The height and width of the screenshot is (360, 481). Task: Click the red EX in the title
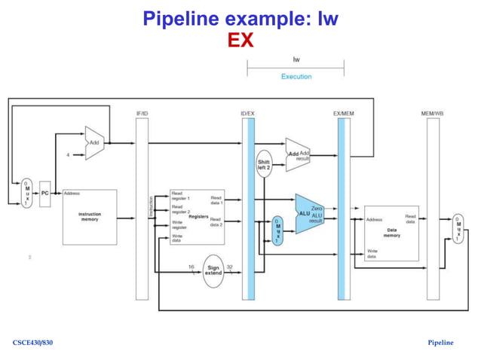click(x=240, y=40)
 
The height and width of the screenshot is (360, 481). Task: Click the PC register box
click(x=44, y=194)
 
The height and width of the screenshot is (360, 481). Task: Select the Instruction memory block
click(x=90, y=217)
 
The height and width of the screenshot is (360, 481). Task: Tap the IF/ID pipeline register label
click(x=142, y=114)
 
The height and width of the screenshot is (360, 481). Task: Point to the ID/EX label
click(x=247, y=114)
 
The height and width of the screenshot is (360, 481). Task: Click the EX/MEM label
click(x=343, y=114)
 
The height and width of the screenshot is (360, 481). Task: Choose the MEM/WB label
click(x=432, y=114)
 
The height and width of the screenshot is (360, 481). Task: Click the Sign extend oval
click(x=213, y=270)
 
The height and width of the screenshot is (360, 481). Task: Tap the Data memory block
click(x=391, y=233)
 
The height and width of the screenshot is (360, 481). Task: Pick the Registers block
click(x=196, y=217)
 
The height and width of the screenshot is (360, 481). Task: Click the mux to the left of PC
click(x=27, y=194)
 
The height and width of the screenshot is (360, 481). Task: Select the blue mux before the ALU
click(x=277, y=229)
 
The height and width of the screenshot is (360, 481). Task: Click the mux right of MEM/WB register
click(x=458, y=228)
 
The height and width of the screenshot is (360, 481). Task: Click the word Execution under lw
click(x=296, y=77)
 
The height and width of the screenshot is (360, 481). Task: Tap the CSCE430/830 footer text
click(x=33, y=343)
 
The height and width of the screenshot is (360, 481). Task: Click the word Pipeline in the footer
click(x=440, y=343)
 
